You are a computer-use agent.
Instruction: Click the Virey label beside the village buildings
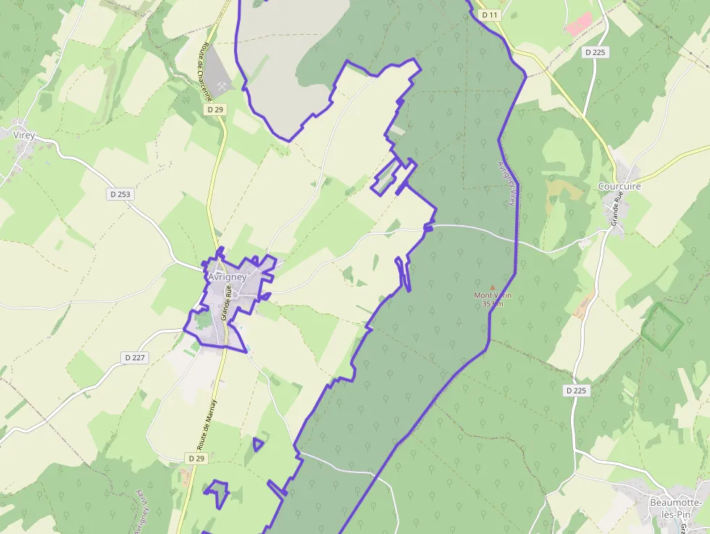tap(25, 134)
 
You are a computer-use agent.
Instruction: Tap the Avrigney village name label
tap(227, 277)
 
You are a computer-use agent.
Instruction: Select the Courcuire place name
tap(619, 186)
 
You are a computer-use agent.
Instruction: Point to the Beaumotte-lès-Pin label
tap(674, 508)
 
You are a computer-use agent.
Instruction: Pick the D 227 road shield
tap(135, 357)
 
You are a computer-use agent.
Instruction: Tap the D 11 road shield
tap(490, 14)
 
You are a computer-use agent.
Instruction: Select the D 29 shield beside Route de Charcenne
tap(215, 109)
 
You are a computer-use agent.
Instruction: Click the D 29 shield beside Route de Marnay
tap(197, 459)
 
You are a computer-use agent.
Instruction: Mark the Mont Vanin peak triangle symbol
tap(493, 287)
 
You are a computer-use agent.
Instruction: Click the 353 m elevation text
tap(493, 304)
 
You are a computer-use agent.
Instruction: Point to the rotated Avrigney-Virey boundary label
tap(507, 183)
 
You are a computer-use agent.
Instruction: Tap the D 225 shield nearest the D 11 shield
tap(596, 52)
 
